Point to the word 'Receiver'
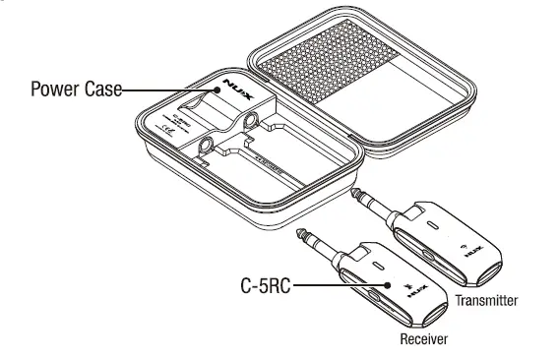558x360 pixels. (x=424, y=339)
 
